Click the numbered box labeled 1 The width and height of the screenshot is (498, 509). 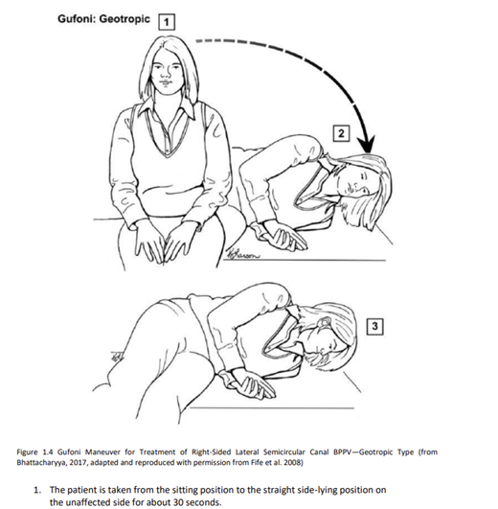coord(167,22)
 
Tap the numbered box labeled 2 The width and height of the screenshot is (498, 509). coord(341,133)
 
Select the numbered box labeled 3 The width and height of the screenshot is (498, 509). coord(374,326)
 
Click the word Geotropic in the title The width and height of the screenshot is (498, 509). coord(124,19)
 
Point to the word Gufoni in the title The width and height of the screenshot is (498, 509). coord(77,18)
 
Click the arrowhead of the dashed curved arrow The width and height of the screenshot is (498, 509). coord(367,144)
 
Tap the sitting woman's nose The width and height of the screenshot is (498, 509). coord(167,74)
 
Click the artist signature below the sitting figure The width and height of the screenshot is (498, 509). coord(244,254)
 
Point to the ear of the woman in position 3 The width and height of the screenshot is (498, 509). coord(325,321)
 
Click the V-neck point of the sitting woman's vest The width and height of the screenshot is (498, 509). coord(167,155)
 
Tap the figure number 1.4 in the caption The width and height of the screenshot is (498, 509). coord(48,451)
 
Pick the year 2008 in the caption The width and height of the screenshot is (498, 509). coord(294,462)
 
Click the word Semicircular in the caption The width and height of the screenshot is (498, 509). coord(284,451)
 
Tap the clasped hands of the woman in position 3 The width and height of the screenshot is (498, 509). coord(250,385)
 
